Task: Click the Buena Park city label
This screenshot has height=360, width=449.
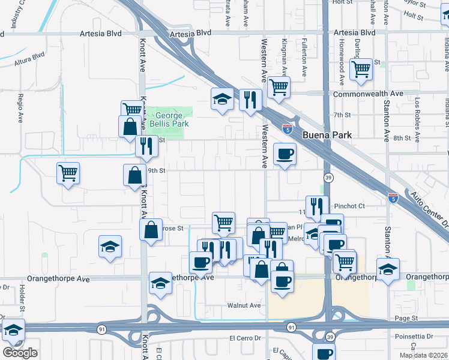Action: [327, 135]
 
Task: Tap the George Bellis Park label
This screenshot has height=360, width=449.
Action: [168, 119]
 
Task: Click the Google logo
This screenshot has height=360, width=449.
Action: [20, 353]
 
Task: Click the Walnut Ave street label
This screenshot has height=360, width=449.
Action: [244, 305]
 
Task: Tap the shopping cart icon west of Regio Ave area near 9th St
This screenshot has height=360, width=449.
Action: [68, 173]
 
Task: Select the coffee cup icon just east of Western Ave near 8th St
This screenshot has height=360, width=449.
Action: [285, 154]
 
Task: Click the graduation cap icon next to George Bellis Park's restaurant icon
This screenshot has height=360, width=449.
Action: [222, 98]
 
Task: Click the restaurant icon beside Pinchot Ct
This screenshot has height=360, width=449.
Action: [316, 207]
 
